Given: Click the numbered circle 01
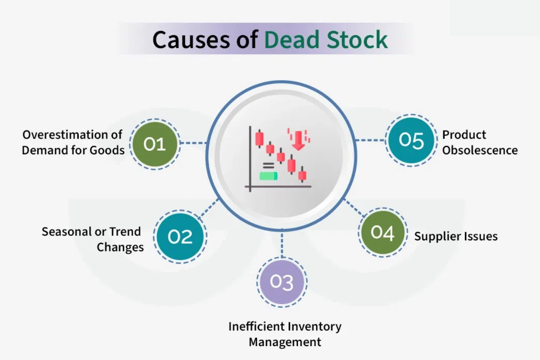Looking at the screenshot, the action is pos(154,144).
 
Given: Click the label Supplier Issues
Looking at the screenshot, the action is pos(456,236).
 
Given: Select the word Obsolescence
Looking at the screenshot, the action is pos(480,150).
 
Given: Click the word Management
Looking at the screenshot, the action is pos(285,342).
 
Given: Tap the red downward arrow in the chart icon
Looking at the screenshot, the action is pos(297,141).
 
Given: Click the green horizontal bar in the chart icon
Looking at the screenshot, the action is pos(268,175).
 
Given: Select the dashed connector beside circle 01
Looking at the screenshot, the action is pos(193,144).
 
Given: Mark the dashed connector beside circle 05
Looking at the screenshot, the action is pos(370,140).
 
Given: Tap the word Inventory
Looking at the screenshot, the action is pos(315,326).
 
